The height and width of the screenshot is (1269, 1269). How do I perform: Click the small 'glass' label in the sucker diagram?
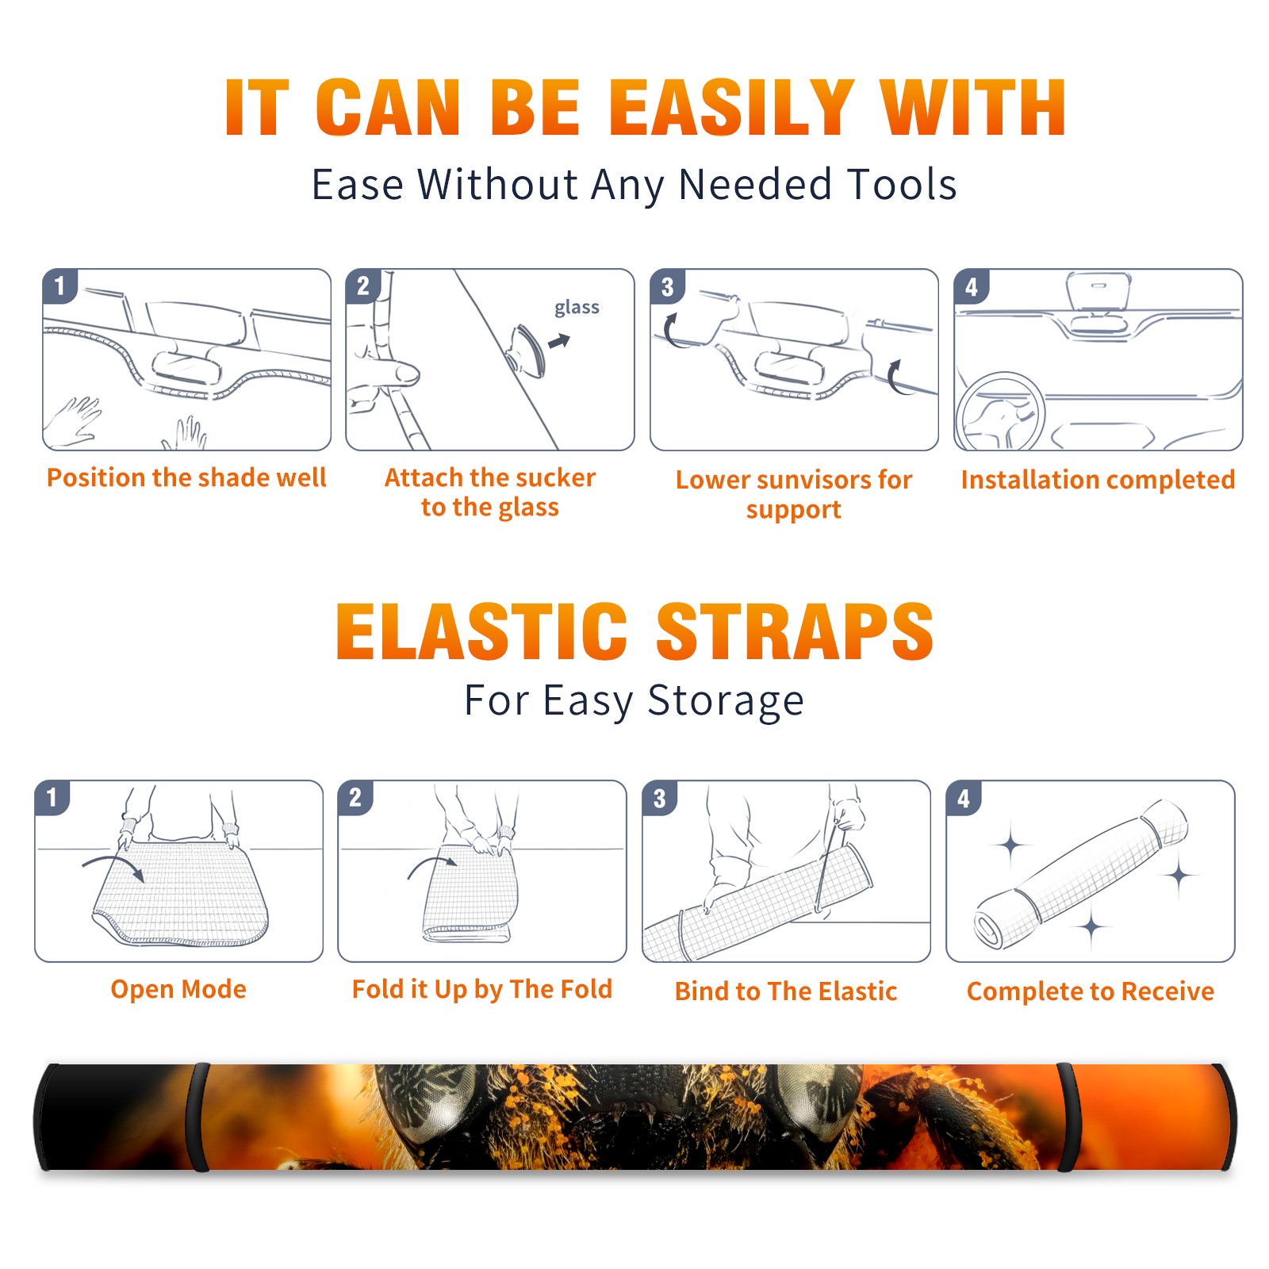point(577,307)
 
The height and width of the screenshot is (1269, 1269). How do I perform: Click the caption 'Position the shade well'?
point(186,477)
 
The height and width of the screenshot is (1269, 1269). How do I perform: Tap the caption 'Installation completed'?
point(1098,479)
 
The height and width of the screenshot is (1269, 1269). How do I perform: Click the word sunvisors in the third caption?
point(803,479)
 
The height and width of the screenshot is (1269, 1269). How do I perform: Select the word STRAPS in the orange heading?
point(795,631)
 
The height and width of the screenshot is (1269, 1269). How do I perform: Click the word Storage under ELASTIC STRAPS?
point(726,701)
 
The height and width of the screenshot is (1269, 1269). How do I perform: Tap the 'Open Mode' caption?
point(178,989)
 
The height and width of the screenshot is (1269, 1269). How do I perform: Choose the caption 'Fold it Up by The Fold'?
point(482,989)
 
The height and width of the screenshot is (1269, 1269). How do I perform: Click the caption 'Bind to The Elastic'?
point(786,991)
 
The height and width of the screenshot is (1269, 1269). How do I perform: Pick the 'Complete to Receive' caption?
point(1091,991)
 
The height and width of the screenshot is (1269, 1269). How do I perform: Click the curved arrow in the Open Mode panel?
point(113,861)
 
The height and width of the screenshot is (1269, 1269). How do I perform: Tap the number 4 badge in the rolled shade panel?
point(964,798)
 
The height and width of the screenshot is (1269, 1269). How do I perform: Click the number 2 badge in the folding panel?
point(355,797)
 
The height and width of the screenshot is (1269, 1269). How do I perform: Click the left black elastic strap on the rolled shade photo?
point(198,1117)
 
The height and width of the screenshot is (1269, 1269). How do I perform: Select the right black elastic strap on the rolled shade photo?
point(1068,1117)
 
